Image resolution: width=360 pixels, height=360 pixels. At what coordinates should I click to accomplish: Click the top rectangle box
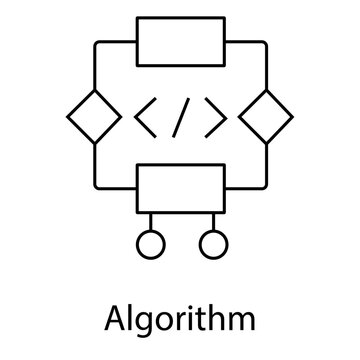(x=181, y=42)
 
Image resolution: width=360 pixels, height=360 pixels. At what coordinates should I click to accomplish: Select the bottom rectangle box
(x=181, y=187)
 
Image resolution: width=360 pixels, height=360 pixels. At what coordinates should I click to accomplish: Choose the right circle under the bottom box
(x=210, y=243)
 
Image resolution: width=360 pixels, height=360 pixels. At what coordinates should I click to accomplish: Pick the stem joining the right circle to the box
(x=210, y=220)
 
